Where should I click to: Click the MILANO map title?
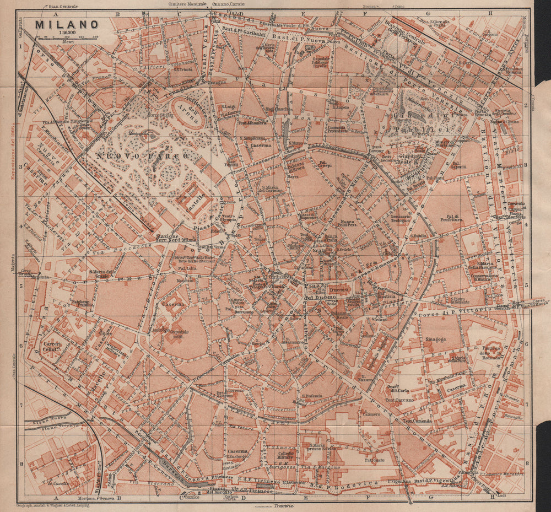point(67,25)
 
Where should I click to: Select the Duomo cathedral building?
point(337,290)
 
